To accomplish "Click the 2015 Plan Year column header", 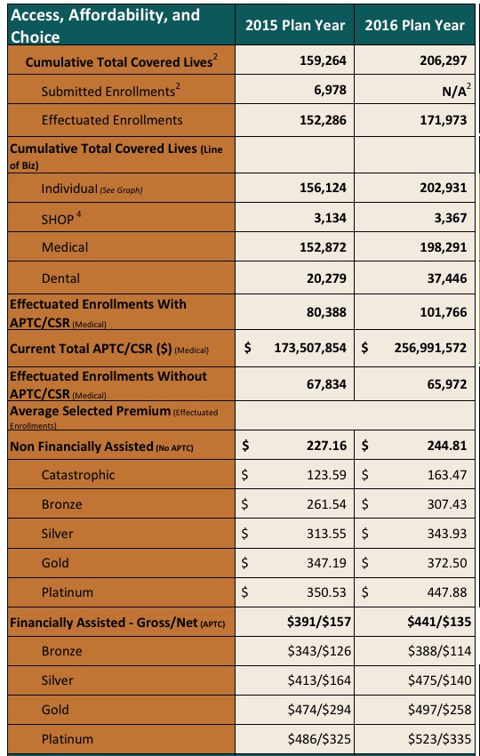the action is pyautogui.click(x=295, y=26).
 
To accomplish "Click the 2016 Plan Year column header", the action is pyautogui.click(x=414, y=26).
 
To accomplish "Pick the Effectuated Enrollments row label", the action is pyautogui.click(x=112, y=119).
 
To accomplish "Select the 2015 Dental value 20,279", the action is pyautogui.click(x=327, y=278).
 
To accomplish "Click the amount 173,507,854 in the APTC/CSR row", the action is pyautogui.click(x=310, y=348).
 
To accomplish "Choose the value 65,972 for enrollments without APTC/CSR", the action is pyautogui.click(x=447, y=384).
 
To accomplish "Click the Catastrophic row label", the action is pyautogui.click(x=78, y=475).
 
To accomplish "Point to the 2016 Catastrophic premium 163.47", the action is pyautogui.click(x=447, y=476).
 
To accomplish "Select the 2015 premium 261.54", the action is pyautogui.click(x=327, y=504).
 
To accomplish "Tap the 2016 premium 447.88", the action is pyautogui.click(x=447, y=592).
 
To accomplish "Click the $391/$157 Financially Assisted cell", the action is pyautogui.click(x=318, y=622).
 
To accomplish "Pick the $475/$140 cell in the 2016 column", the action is pyautogui.click(x=439, y=680).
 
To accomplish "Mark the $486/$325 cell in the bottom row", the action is pyautogui.click(x=318, y=739).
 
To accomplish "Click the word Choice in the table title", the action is pyautogui.click(x=36, y=37).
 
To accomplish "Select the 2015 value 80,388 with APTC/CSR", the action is pyautogui.click(x=327, y=312).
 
